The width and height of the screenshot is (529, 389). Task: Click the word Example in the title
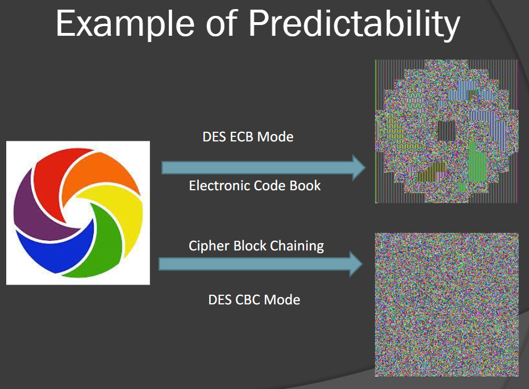125,24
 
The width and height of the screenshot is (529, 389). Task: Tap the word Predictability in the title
354,24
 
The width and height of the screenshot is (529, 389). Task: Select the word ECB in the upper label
241,137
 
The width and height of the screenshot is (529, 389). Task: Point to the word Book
305,185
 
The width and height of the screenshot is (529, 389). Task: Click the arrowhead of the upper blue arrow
359,168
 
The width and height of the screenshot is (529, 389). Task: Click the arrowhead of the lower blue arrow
356,264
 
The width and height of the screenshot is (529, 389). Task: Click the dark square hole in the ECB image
447,131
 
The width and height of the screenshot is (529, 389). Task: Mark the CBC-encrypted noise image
447,305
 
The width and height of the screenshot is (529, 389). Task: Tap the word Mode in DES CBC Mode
282,300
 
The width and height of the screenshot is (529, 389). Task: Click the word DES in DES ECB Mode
214,137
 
